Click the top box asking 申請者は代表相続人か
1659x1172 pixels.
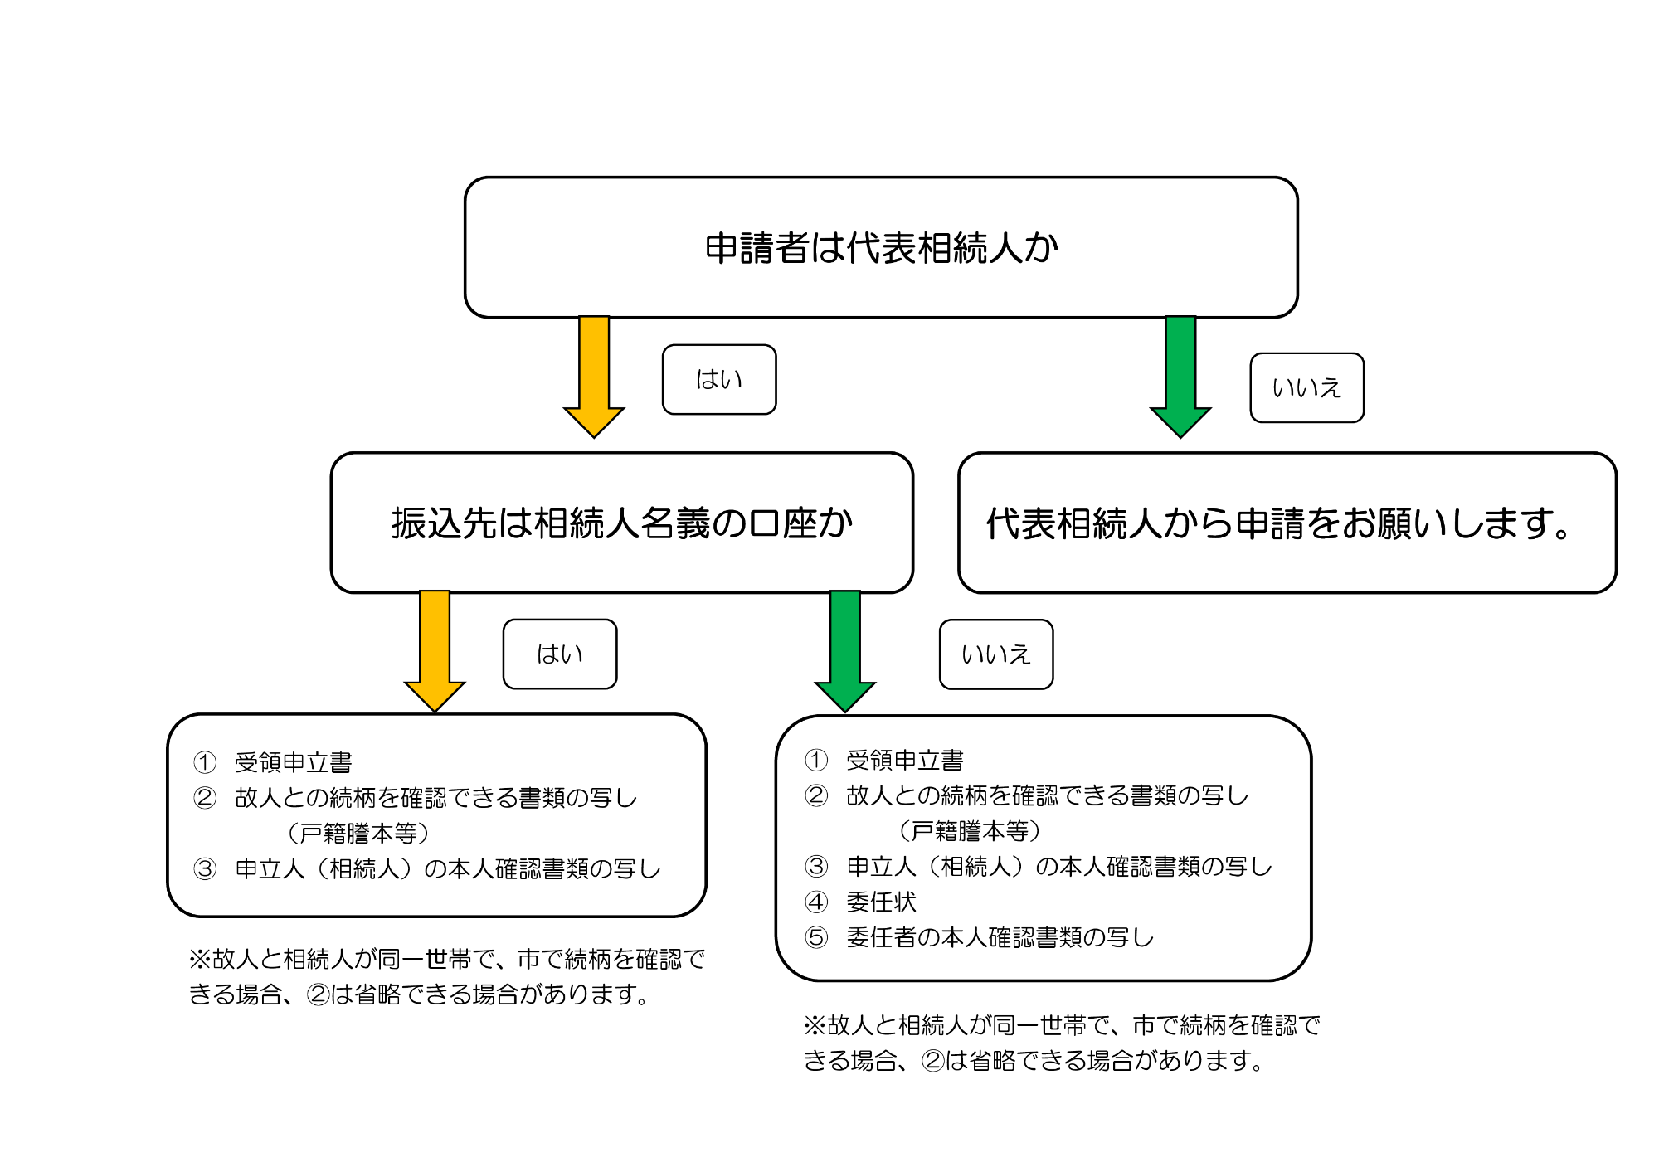click(881, 247)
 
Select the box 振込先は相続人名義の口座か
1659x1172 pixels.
click(621, 523)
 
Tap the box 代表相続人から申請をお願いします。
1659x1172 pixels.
click(1287, 523)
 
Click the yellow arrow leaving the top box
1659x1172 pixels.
click(594, 373)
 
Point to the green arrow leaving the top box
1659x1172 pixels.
click(1180, 373)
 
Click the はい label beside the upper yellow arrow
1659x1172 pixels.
click(719, 379)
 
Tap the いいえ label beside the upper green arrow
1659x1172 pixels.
click(1306, 388)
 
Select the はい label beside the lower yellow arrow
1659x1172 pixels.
click(560, 654)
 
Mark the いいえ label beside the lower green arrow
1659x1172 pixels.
click(996, 654)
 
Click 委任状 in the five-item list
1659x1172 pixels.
click(881, 902)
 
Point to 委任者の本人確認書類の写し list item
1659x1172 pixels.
click(1000, 937)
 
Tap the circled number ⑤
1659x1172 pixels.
click(816, 937)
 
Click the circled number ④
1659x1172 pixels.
click(816, 902)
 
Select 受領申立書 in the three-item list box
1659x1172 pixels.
click(294, 762)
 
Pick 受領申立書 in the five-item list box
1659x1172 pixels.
click(905, 760)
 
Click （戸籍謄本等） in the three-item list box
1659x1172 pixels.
click(358, 833)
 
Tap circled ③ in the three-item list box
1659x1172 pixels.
click(205, 868)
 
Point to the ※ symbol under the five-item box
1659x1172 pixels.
click(815, 1025)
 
